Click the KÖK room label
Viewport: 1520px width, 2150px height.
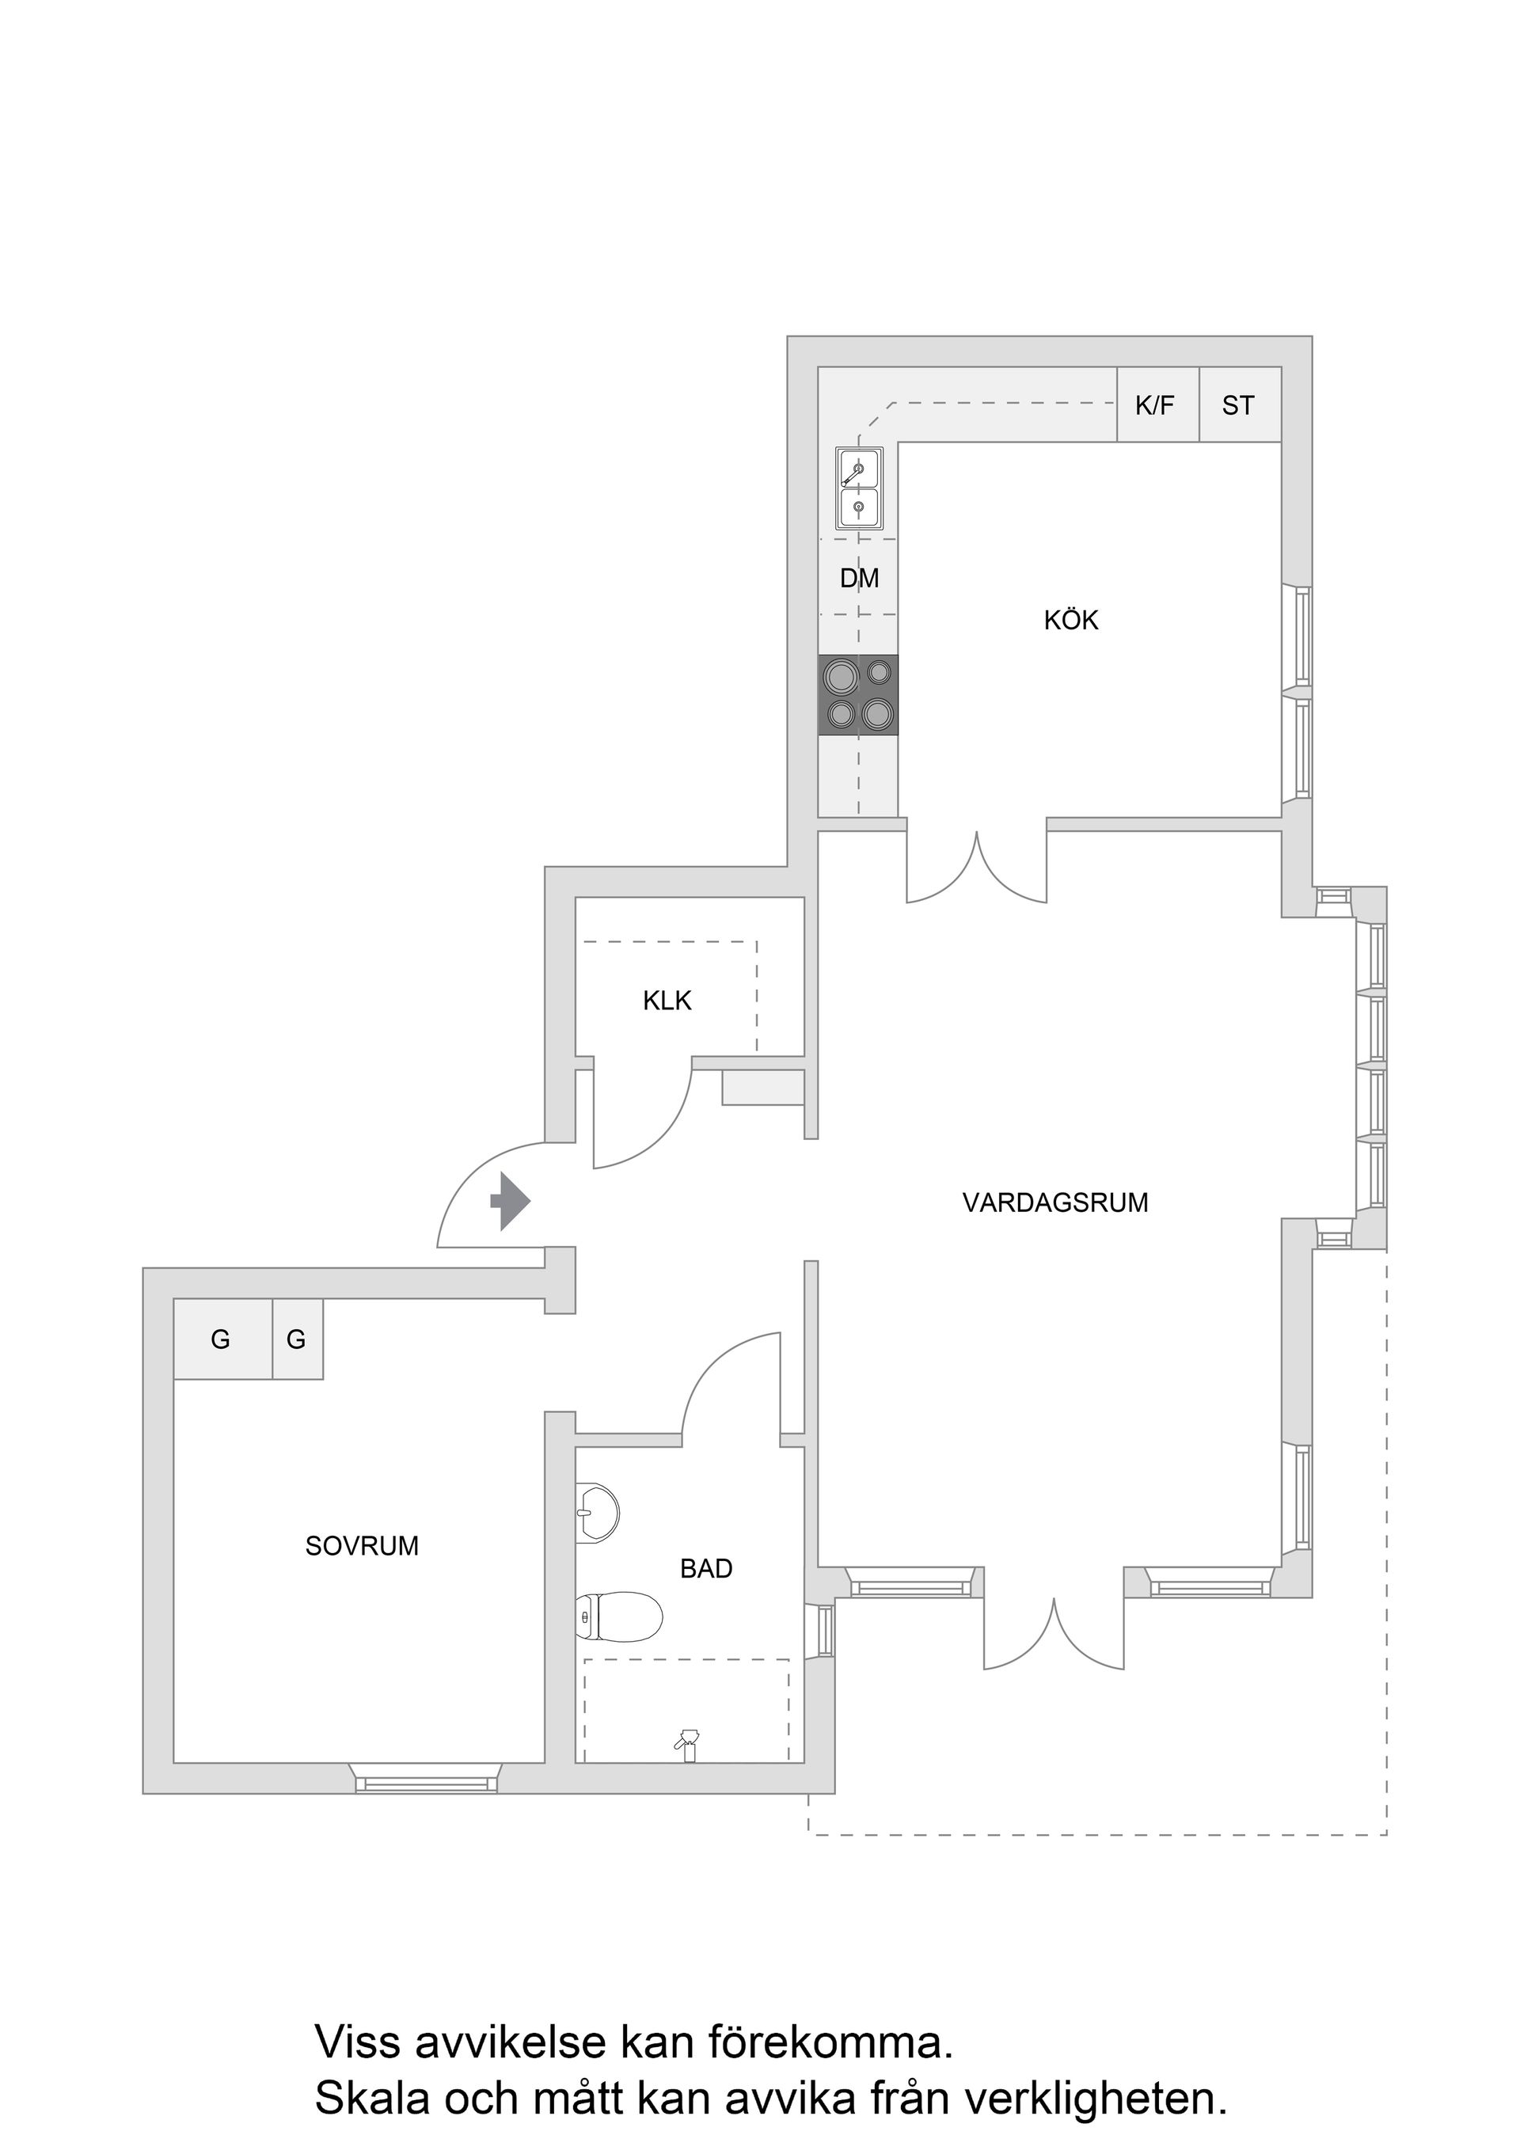point(1070,620)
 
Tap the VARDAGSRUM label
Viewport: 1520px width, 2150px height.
point(1054,1202)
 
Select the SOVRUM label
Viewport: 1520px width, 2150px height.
point(362,1546)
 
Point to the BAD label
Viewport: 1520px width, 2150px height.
point(706,1568)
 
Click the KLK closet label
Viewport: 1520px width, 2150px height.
point(667,1001)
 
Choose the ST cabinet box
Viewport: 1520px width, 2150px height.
point(1239,405)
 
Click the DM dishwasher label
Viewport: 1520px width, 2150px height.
point(859,579)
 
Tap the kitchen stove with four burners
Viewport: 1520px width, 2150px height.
point(858,695)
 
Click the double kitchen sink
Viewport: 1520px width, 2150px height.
point(859,488)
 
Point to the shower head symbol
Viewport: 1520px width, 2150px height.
point(689,1740)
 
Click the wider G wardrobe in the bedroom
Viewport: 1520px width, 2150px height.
point(222,1340)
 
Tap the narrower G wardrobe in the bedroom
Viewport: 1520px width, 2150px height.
point(297,1340)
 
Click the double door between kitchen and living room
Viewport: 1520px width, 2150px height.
point(976,866)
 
